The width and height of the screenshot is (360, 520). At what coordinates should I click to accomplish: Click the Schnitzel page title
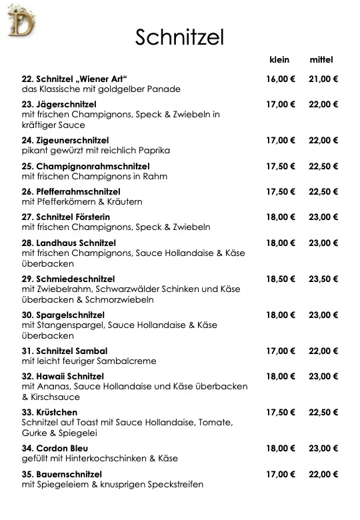point(179,37)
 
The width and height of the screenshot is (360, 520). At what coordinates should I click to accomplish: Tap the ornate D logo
point(20,20)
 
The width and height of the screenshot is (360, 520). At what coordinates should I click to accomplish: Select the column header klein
point(279,60)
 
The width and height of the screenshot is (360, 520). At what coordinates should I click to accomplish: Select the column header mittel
point(321,60)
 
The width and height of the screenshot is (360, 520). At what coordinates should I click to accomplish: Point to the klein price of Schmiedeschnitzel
point(281,279)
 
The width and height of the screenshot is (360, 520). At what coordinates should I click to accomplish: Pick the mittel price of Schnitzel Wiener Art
point(323,79)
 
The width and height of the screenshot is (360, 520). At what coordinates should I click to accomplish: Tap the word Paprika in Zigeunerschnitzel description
point(155,151)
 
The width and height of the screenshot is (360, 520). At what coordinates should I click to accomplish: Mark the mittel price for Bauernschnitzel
point(323,474)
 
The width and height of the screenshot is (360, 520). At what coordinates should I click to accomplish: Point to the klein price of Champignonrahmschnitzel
point(281,166)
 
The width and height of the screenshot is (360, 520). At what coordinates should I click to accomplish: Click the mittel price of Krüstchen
point(323,412)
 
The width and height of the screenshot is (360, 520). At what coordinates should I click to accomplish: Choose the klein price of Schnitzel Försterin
point(281,217)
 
